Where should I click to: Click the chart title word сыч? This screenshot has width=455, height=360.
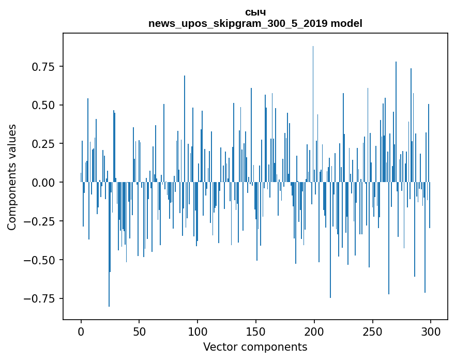[x=255, y=12]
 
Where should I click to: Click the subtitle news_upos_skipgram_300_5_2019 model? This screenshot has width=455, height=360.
[x=255, y=24]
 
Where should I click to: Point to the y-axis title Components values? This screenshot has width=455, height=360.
[x=12, y=177]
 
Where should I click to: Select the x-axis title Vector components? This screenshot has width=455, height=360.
[x=255, y=347]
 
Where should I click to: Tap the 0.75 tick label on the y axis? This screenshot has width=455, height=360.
[x=44, y=67]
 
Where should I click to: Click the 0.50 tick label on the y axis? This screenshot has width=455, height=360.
[x=44, y=106]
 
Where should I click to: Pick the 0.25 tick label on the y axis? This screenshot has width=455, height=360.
[x=44, y=144]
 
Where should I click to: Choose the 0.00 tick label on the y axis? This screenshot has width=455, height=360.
[x=44, y=183]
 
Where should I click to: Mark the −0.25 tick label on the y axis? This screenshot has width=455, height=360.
[x=41, y=221]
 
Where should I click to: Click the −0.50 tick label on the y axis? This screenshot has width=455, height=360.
[x=41, y=260]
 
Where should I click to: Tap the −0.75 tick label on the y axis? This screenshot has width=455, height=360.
[x=41, y=298]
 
